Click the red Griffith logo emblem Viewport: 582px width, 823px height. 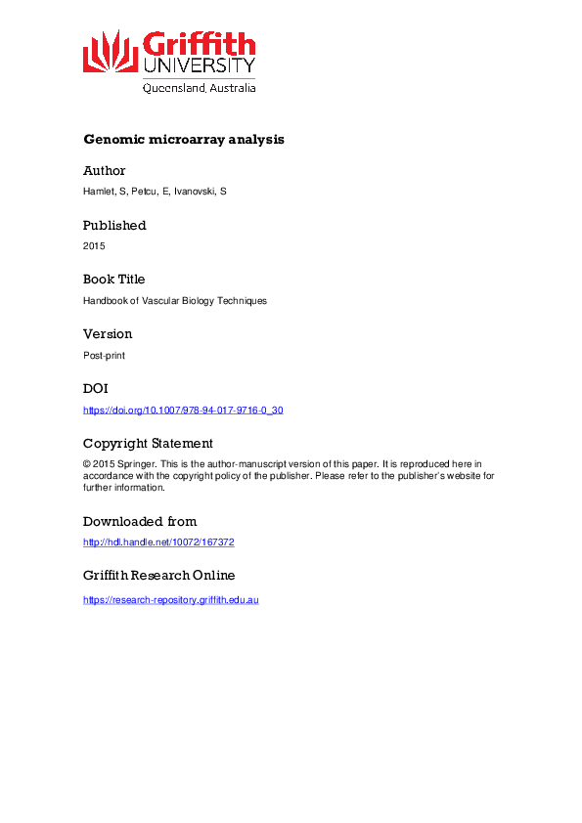[x=111, y=50]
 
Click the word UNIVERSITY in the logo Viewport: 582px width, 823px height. [x=200, y=65]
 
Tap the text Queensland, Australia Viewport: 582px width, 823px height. [x=200, y=88]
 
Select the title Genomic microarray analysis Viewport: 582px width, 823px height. [x=184, y=140]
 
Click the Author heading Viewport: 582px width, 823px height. [x=105, y=171]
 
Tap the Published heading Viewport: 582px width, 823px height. [x=114, y=226]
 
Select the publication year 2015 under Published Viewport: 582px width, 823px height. [x=94, y=246]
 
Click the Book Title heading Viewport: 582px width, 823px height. [x=113, y=280]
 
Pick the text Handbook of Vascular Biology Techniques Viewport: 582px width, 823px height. [x=175, y=301]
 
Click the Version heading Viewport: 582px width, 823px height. [x=108, y=334]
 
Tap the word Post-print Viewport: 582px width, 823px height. [x=104, y=355]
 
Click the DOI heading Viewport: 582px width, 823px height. [x=96, y=389]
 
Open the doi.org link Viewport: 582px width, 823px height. [x=183, y=411]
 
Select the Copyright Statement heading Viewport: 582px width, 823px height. [x=148, y=443]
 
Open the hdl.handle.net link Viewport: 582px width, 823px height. [x=158, y=542]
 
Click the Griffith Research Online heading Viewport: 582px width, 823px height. [x=158, y=576]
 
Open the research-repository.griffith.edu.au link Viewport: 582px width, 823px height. [x=170, y=599]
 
